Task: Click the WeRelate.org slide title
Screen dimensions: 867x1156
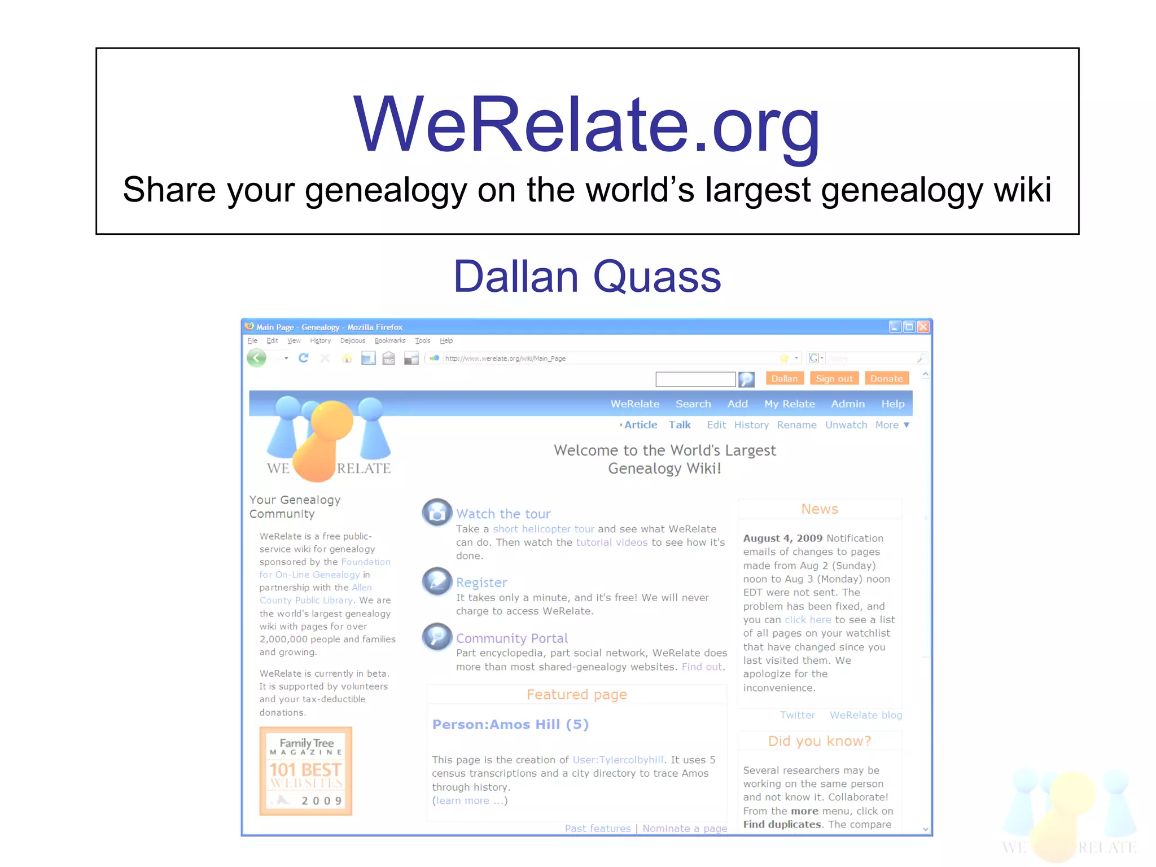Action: pos(586,125)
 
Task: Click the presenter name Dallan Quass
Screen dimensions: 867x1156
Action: pos(587,277)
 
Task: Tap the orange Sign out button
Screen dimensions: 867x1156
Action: pos(834,378)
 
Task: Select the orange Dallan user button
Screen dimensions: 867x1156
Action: pos(784,378)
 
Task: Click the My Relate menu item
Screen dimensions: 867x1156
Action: pos(789,404)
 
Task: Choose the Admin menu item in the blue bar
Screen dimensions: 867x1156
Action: pos(847,404)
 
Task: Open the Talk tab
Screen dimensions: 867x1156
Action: pos(680,424)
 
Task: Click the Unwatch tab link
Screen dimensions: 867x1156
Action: pos(846,424)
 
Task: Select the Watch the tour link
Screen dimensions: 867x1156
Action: pos(503,514)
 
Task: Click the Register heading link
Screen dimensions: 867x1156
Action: pos(481,583)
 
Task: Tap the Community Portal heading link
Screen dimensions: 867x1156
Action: pos(511,638)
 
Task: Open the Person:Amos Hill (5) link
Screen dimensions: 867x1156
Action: pos(510,724)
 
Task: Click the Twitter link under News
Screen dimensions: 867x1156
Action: pos(797,715)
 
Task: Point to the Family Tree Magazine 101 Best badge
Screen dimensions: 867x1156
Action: pos(305,771)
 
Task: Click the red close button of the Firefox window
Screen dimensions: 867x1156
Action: pos(923,327)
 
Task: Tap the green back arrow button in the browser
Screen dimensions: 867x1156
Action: pos(257,358)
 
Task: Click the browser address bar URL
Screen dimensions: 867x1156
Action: pos(505,358)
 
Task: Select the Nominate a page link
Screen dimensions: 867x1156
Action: pos(685,828)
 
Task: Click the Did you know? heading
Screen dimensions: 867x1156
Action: pos(819,741)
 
